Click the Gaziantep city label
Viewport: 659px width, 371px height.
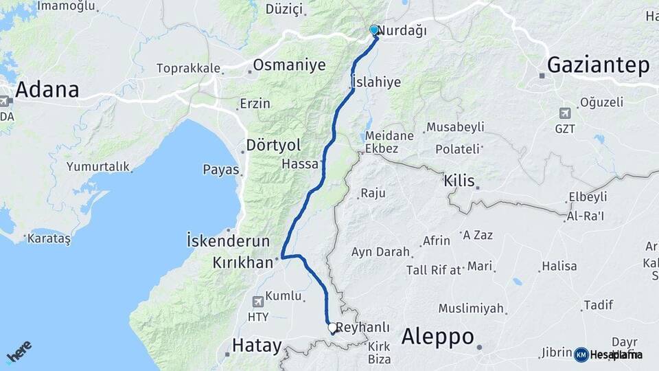598,65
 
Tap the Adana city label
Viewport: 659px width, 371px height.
47,89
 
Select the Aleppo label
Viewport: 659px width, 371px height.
437,337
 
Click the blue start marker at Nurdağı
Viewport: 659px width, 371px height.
374,30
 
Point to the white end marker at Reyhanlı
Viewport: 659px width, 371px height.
332,328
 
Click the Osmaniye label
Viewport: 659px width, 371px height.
289,65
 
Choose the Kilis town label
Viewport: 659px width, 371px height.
459,181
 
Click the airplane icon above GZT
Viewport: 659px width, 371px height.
565,113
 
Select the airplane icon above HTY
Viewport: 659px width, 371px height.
257,301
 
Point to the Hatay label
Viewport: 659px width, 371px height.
257,345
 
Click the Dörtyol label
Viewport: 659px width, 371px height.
274,146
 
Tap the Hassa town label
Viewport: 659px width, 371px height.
300,164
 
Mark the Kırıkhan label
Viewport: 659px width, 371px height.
244,262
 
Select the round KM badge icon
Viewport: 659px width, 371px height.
581,355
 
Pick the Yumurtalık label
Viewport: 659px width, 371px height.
97,166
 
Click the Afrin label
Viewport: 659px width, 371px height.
437,240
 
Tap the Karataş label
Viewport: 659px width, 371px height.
48,239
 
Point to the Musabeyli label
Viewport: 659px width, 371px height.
455,127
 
